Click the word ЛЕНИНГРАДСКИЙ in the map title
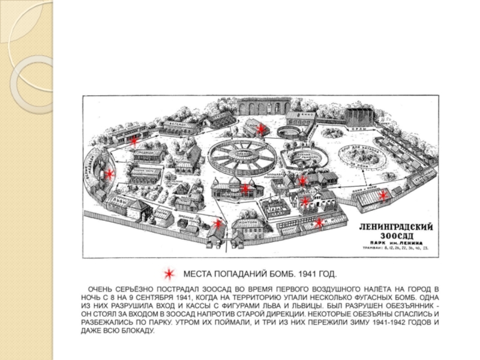click(397, 227)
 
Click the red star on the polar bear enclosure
click(110, 174)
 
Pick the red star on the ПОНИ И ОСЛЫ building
click(395, 193)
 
